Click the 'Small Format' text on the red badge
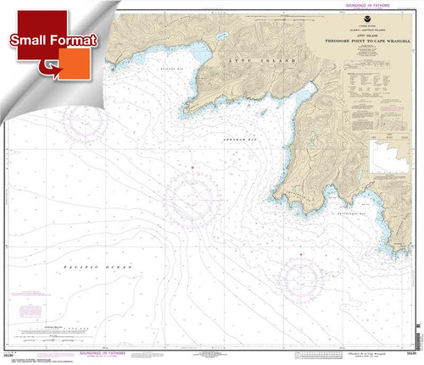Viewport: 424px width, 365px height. coord(53,40)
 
